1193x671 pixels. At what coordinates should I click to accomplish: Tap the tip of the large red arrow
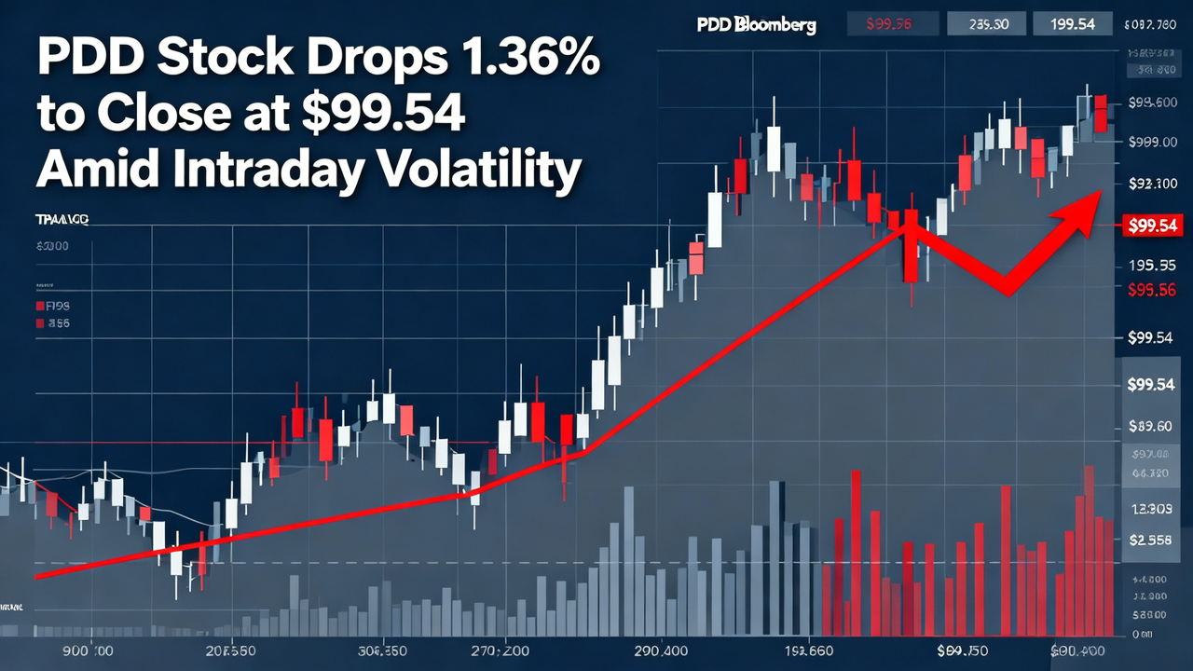1100,192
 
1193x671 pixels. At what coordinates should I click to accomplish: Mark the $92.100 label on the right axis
1152,184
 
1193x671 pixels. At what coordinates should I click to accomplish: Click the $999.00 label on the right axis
1152,142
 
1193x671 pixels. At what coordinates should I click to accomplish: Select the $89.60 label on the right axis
1150,427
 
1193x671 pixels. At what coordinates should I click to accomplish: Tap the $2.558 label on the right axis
1150,540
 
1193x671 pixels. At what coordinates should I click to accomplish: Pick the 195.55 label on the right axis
1150,266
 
